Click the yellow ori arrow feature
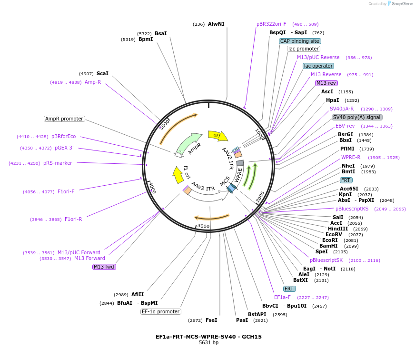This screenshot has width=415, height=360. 217,135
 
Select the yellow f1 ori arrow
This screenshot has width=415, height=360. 178,175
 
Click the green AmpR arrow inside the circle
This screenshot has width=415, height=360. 189,143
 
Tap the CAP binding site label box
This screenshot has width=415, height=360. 299,41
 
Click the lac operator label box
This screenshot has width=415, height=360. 318,66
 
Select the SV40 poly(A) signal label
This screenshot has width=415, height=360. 357,117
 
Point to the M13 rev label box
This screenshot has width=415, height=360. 326,83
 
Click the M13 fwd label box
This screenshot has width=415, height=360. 104,267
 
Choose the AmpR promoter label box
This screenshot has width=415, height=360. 64,119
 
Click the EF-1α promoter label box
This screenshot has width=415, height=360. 161,311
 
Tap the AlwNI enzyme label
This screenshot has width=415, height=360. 216,24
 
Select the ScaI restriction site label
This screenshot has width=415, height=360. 102,73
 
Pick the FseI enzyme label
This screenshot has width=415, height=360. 211,320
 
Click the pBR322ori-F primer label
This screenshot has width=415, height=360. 271,24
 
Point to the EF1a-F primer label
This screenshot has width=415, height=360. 282,297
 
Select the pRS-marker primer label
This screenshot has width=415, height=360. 58,163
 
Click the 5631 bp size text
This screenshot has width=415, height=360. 208,342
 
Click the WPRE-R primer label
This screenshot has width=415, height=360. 350,157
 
